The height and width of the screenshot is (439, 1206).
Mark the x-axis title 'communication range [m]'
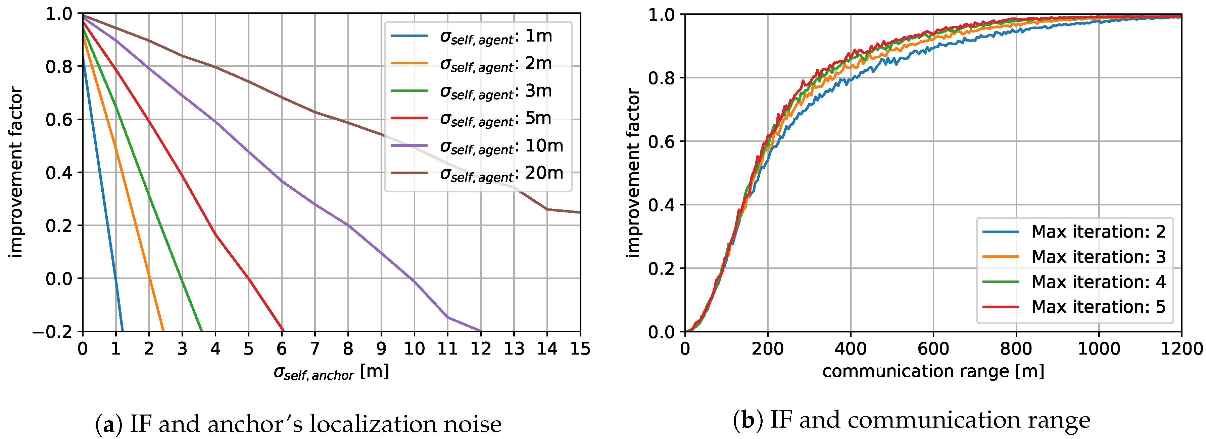tap(933, 371)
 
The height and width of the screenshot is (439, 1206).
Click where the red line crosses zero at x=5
tap(249, 278)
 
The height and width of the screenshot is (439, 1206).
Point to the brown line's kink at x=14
tap(547, 209)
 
